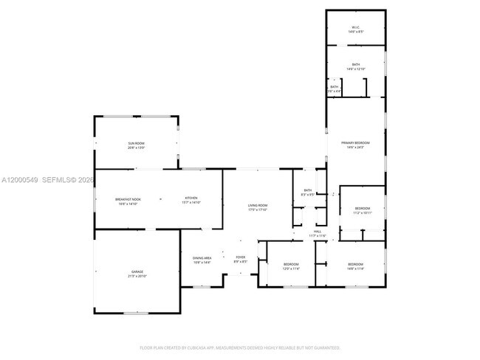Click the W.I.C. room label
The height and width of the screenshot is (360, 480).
(x=355, y=28)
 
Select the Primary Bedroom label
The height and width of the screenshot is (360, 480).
(x=355, y=142)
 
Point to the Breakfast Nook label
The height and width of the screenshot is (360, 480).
(x=127, y=198)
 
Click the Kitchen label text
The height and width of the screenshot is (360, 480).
(x=191, y=198)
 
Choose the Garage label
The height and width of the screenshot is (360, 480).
(x=137, y=272)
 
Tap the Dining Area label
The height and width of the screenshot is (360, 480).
(x=202, y=257)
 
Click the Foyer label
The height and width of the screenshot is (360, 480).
(x=241, y=257)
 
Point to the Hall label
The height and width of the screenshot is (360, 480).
(x=318, y=232)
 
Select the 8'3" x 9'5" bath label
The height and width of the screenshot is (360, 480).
(x=308, y=195)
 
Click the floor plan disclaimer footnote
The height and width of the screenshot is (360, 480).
(x=239, y=347)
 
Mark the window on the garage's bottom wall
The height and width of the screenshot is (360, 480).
(x=135, y=314)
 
